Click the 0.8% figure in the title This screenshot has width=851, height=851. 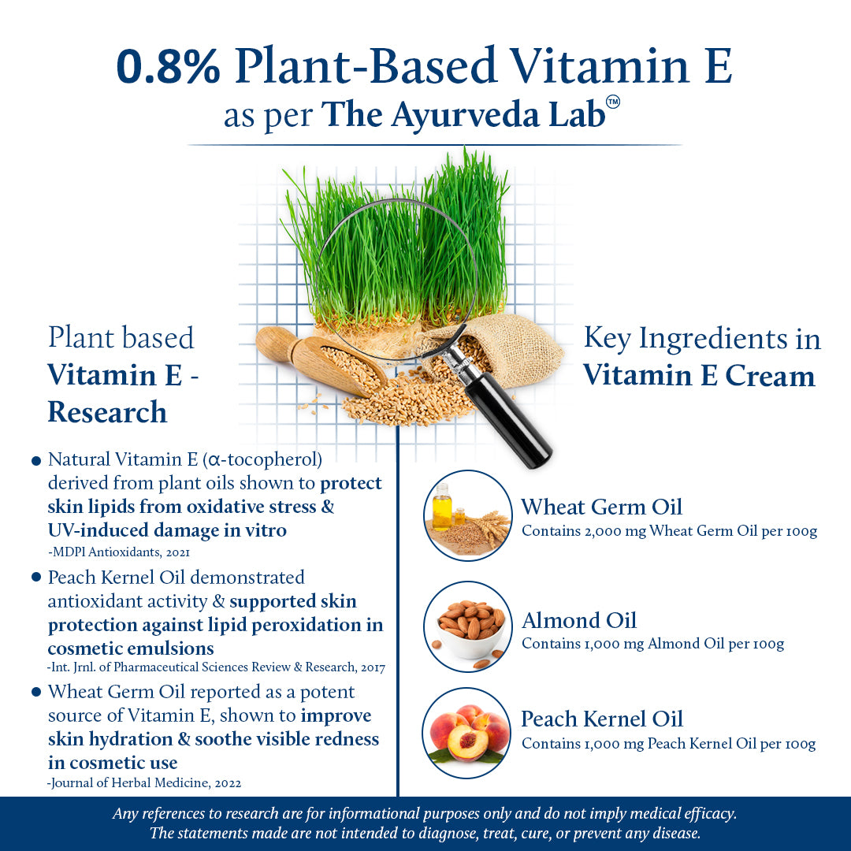click(168, 66)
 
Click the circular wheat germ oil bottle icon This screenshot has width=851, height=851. click(468, 515)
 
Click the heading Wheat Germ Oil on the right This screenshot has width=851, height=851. click(601, 506)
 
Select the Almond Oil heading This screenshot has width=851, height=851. click(579, 620)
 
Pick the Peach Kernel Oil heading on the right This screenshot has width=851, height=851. click(602, 719)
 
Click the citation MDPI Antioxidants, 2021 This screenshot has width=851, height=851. click(119, 552)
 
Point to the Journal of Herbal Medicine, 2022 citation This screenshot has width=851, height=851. click(145, 782)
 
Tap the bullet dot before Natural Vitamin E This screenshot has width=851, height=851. click(35, 460)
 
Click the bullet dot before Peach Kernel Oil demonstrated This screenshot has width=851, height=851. click(35, 578)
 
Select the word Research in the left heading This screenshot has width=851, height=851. click(107, 411)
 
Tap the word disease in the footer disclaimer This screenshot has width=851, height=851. click(671, 833)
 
